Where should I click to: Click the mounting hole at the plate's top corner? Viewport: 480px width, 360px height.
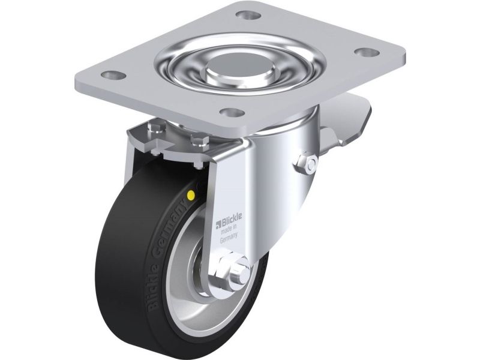click(x=247, y=14)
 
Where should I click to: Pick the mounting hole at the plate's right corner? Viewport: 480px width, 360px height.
click(x=367, y=52)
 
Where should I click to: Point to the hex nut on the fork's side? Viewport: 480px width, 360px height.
click(x=307, y=163)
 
